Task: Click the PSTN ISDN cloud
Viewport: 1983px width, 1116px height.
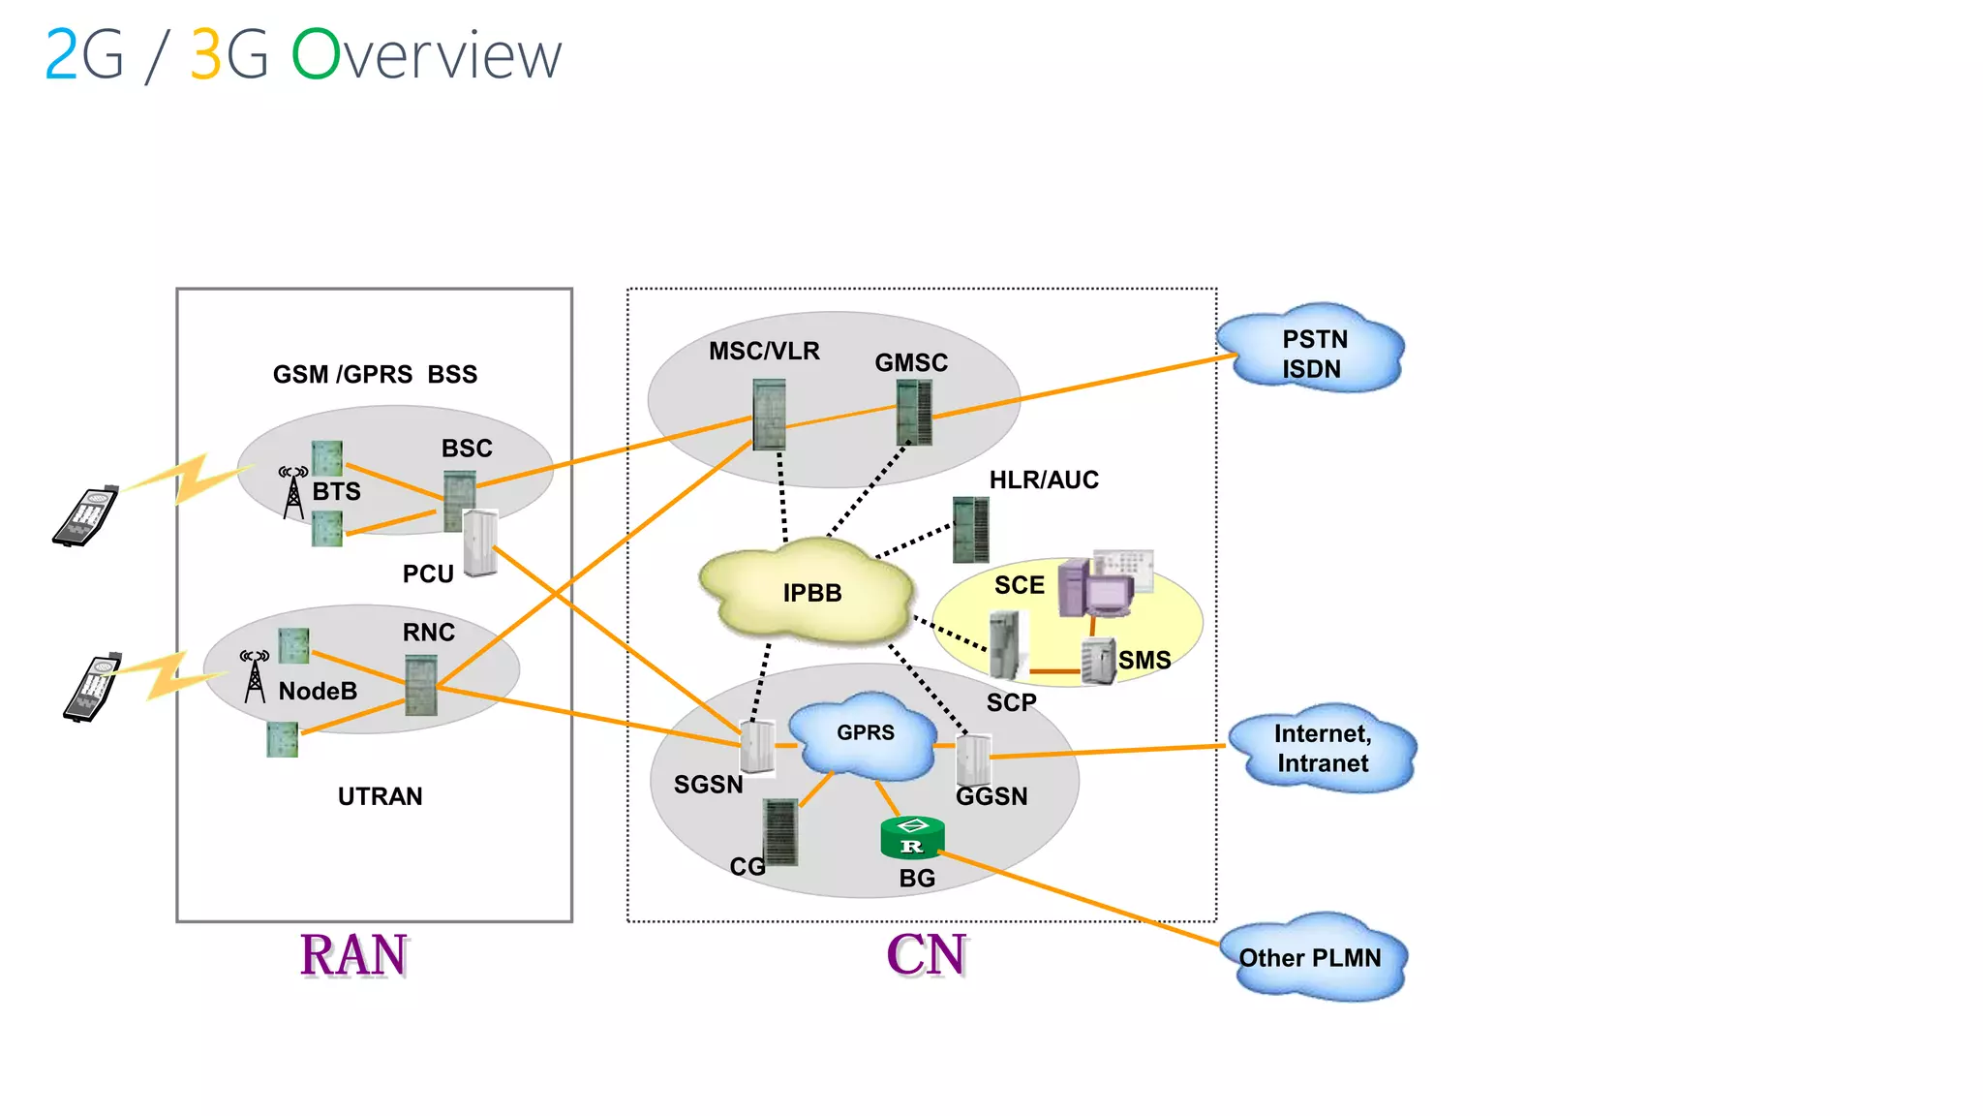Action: point(1311,352)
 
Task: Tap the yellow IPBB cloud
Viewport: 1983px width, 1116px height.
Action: point(808,592)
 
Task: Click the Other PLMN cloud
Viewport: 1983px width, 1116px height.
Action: point(1311,957)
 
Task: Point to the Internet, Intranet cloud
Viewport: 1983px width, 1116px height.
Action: point(1323,748)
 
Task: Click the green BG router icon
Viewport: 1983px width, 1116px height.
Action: point(912,838)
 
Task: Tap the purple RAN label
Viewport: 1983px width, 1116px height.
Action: point(353,955)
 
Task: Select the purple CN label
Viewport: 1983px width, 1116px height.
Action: point(927,955)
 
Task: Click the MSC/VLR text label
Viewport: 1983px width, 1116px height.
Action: point(764,351)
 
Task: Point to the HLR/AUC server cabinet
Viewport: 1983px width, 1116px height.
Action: point(970,529)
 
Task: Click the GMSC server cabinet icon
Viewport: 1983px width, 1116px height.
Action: point(914,412)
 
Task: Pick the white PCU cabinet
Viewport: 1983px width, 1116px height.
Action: point(480,542)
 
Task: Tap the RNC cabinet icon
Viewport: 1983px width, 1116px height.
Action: point(421,685)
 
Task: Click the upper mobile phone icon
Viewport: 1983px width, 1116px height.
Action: point(86,515)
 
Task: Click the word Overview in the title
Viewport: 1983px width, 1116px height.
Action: point(426,55)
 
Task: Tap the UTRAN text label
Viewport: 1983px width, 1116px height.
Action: point(380,796)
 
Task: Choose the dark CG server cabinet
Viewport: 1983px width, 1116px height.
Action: point(779,831)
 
